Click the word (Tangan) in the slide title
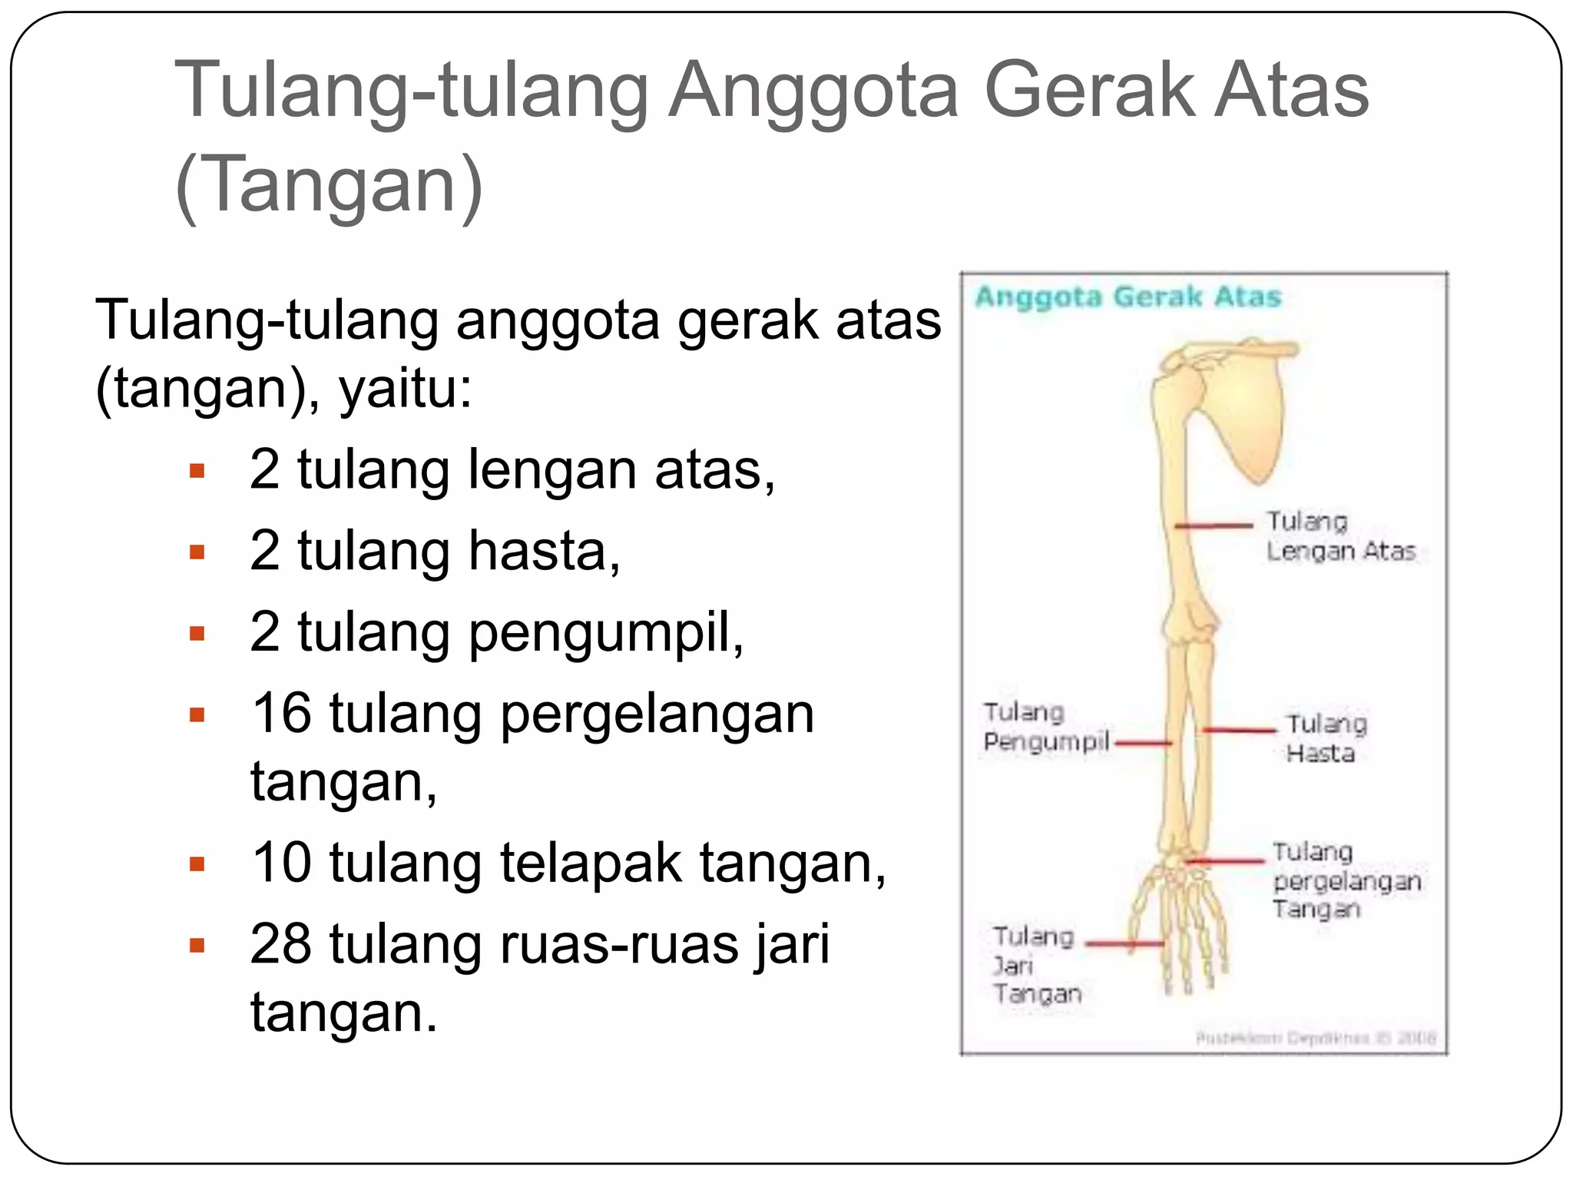tap(329, 184)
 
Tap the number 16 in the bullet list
tap(281, 713)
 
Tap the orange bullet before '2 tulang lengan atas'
tap(197, 470)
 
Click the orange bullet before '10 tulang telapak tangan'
tap(197, 864)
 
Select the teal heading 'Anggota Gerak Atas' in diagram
tap(1128, 297)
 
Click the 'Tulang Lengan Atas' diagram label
tap(1340, 536)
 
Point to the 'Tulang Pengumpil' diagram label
tap(1045, 727)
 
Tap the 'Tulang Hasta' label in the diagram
tap(1326, 738)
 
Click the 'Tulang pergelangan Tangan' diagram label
tap(1346, 880)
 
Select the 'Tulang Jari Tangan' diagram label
tap(1035, 965)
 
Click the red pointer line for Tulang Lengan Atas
tap(1214, 525)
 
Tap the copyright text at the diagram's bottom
tap(1315, 1039)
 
